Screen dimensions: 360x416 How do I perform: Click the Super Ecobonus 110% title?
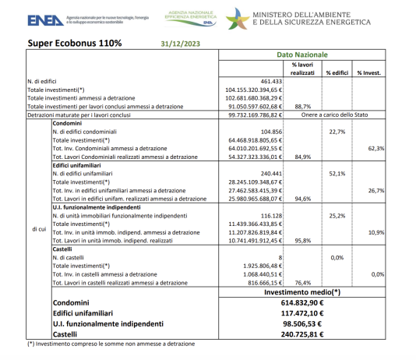click(75, 44)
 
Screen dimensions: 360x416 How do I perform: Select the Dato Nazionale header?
click(302, 55)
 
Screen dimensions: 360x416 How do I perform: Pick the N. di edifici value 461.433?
click(265, 81)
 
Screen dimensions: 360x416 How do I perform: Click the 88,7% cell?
click(303, 107)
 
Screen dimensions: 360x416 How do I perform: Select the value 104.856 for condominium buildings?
click(267, 132)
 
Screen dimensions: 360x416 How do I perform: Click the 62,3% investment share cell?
click(375, 148)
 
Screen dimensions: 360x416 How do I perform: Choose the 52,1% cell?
click(337, 174)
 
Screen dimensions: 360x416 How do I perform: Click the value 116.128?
click(267, 214)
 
